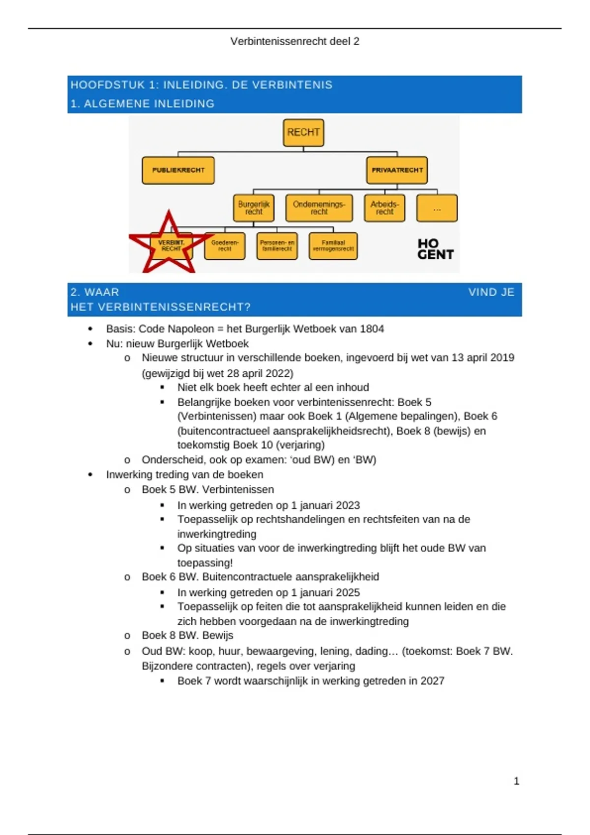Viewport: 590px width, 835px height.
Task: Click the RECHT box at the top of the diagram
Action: (x=303, y=133)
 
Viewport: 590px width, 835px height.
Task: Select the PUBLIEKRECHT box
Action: (x=178, y=170)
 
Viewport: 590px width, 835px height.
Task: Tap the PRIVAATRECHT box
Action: (x=397, y=170)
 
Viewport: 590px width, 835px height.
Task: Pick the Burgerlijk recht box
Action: (x=254, y=208)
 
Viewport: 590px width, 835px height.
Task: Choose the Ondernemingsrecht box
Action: (x=319, y=208)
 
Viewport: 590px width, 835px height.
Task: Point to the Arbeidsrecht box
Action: (x=384, y=208)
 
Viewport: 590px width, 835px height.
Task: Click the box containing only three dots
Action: (x=437, y=208)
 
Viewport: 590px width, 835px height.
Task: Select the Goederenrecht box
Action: (x=225, y=246)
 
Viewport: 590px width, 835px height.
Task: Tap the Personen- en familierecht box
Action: (x=277, y=246)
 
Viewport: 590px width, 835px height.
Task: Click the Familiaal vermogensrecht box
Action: (x=333, y=246)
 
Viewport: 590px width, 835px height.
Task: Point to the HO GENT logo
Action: (x=435, y=249)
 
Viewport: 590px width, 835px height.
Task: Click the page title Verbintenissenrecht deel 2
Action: (x=295, y=41)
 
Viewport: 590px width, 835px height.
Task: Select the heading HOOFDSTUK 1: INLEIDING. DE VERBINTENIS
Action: (x=202, y=85)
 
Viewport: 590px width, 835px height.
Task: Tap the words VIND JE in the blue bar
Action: (x=491, y=292)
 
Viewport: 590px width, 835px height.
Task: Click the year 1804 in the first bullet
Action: (x=372, y=329)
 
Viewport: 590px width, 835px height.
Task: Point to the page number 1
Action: (x=516, y=781)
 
